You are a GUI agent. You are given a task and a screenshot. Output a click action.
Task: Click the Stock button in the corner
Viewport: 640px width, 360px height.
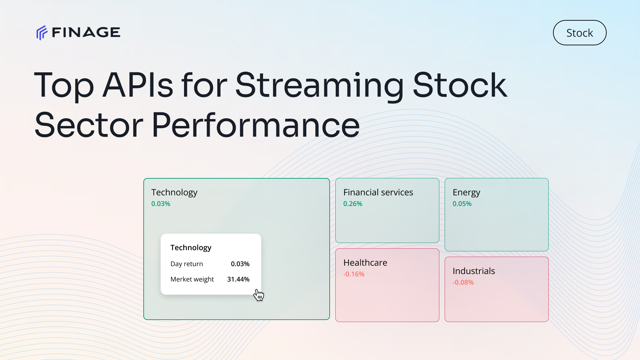(580, 33)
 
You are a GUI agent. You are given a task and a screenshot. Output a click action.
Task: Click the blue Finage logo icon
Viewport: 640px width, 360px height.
(42, 33)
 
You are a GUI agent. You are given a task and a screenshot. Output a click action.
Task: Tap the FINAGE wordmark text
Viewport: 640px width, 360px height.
(86, 32)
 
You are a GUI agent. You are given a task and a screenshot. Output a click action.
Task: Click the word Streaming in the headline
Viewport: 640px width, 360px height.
(320, 86)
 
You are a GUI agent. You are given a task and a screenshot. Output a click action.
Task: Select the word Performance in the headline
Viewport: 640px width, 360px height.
(256, 125)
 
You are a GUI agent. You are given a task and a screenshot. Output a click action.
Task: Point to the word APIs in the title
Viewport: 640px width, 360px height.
(138, 85)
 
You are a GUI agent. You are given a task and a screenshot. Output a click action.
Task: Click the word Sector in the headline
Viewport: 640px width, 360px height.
(89, 125)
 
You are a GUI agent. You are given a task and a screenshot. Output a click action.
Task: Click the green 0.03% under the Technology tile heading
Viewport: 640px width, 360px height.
(161, 204)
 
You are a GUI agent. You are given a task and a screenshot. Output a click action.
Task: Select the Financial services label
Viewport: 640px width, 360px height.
(378, 192)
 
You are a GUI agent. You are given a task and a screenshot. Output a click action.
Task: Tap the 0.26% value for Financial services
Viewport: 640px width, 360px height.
(353, 204)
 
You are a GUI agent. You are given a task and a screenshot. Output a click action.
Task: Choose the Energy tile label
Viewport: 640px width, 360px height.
(466, 193)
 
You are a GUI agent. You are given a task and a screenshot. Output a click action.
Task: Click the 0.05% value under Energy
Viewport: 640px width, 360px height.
(462, 204)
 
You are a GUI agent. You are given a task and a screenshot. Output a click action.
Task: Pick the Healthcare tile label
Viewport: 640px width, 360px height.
(365, 263)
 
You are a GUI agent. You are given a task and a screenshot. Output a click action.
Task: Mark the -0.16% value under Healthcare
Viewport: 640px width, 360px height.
(354, 274)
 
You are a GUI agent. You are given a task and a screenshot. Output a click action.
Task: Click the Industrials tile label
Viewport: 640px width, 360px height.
(474, 271)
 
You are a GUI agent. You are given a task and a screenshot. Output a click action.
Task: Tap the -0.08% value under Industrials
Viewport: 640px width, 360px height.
(463, 282)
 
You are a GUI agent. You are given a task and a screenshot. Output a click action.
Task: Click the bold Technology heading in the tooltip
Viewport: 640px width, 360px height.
(191, 248)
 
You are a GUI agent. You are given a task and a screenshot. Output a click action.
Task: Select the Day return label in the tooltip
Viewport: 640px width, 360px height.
(187, 264)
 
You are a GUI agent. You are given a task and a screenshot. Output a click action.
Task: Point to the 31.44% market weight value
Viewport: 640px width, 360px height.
(238, 279)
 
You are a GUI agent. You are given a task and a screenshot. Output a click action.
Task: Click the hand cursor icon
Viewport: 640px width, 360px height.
(259, 295)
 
